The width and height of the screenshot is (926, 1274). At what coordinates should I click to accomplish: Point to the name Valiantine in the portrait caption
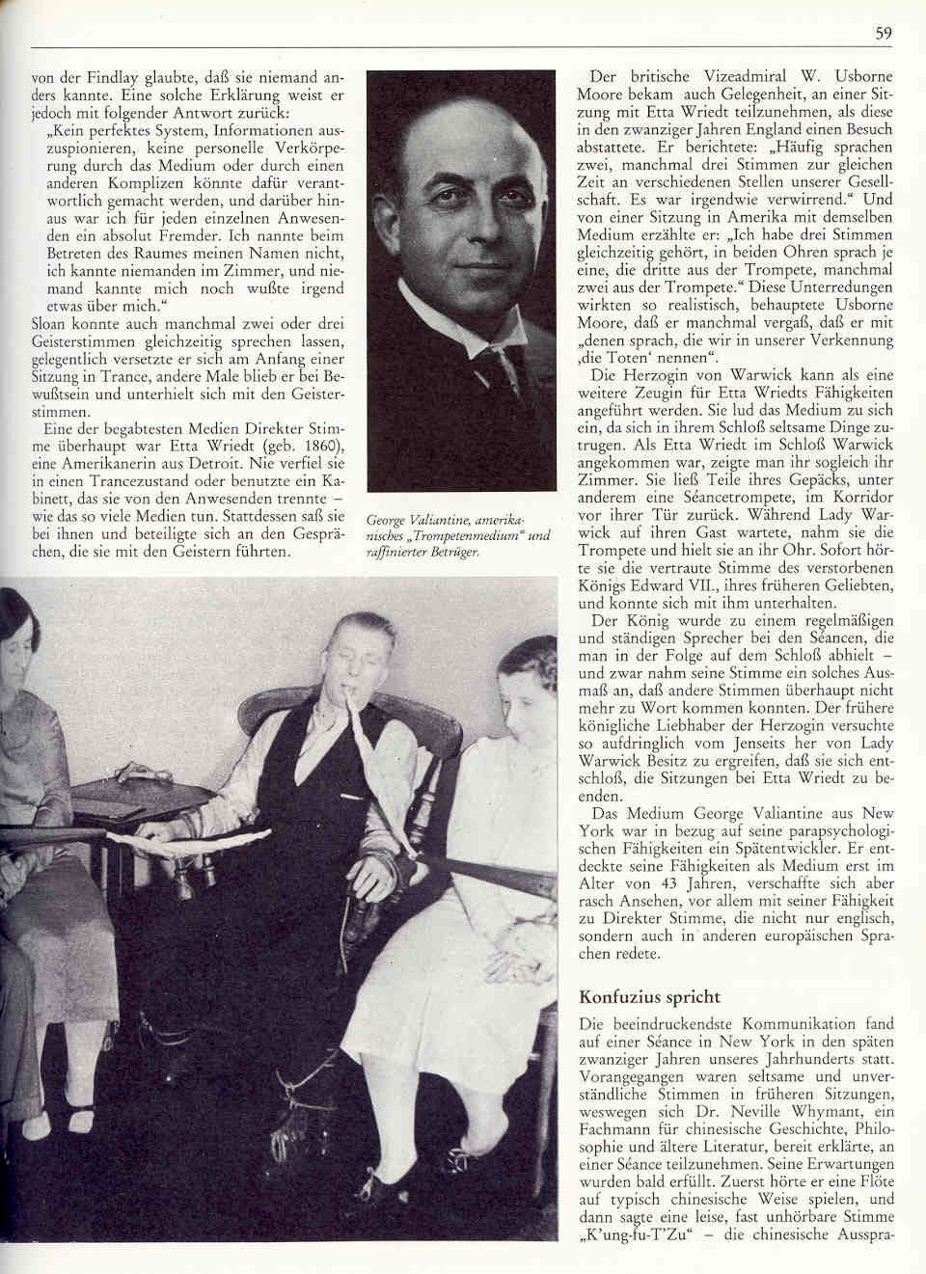tap(442, 521)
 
